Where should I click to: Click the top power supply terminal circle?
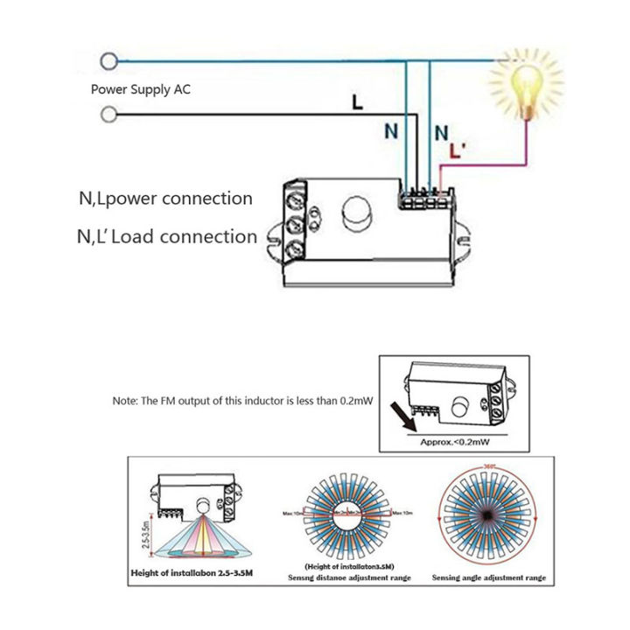point(109,60)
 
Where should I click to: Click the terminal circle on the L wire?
point(109,115)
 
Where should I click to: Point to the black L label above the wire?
point(356,101)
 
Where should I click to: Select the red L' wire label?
point(456,151)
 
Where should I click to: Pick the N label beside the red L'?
point(441,132)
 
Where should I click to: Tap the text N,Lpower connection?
point(165,199)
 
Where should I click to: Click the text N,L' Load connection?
point(167,236)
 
